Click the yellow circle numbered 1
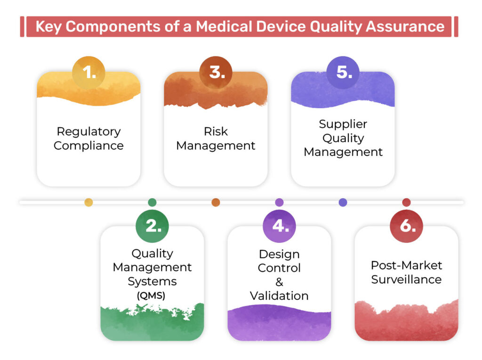point(88,72)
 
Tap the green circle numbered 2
point(152,226)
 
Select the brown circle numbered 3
point(216,72)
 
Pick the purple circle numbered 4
point(279,226)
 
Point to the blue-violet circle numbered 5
point(343,72)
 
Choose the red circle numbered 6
point(406,226)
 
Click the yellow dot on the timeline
point(88,202)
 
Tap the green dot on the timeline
point(152,202)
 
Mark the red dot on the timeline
point(406,202)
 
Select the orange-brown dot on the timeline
point(216,202)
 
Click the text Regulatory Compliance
point(88,138)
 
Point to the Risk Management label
point(216,138)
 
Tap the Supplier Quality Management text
point(343,138)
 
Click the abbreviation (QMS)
point(152,296)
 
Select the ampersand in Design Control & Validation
point(279,282)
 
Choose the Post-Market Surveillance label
point(406,272)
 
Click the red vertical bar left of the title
point(22,26)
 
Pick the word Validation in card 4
point(279,296)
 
